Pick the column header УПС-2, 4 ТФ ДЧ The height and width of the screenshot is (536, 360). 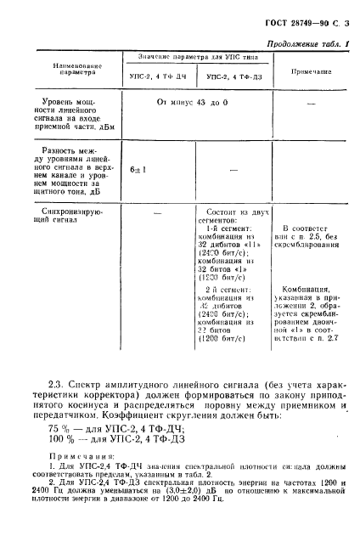point(162,77)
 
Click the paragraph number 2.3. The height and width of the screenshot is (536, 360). point(51,375)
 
